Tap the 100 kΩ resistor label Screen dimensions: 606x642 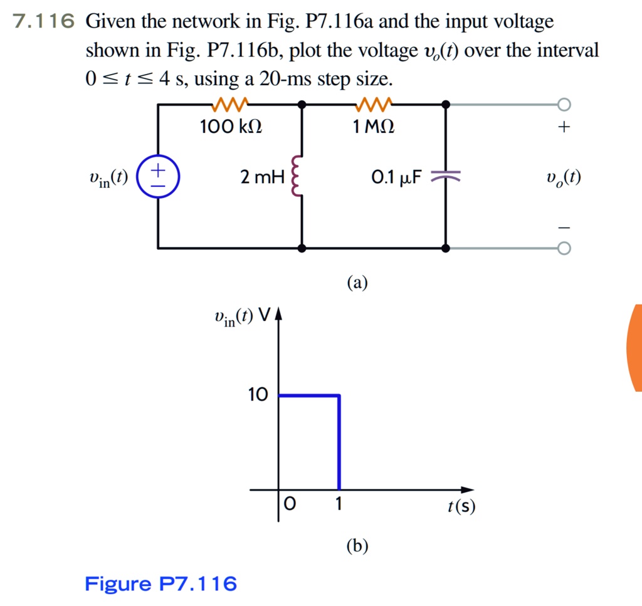[x=231, y=128]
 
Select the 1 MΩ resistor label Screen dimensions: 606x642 [x=374, y=128]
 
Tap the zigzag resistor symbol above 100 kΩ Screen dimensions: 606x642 [x=231, y=103]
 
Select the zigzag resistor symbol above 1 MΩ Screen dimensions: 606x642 [x=374, y=103]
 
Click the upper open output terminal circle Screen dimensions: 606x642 [x=564, y=103]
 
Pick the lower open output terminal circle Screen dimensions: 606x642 [x=564, y=249]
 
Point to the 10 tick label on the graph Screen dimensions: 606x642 [x=258, y=395]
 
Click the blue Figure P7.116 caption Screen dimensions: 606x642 [x=161, y=584]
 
